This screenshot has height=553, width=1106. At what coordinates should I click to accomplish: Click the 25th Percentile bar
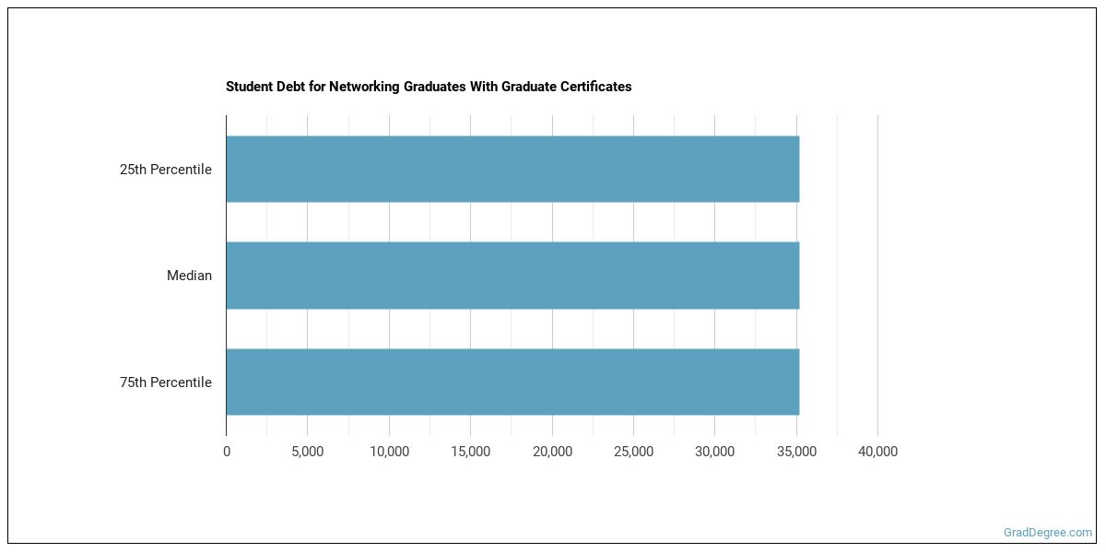click(512, 170)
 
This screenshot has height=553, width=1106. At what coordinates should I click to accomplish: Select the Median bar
click(512, 276)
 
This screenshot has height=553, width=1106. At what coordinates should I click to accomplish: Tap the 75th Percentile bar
click(512, 382)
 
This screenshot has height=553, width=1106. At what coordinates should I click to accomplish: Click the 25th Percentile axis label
click(166, 170)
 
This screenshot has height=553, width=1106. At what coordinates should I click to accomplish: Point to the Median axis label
click(189, 276)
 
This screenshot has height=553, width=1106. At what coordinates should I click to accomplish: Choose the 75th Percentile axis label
click(166, 382)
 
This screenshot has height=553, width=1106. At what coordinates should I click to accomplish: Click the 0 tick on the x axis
click(227, 452)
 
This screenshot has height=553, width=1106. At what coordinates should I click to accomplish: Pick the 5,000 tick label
click(307, 452)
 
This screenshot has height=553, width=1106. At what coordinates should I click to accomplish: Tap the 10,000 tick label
click(389, 452)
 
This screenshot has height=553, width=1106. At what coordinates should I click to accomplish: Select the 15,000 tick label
click(470, 452)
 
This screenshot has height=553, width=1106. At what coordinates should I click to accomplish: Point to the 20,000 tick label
click(552, 452)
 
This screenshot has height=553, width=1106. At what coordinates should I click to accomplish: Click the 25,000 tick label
click(633, 452)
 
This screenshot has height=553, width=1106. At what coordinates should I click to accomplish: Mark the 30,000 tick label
click(714, 452)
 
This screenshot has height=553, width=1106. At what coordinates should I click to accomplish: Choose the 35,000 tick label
click(796, 452)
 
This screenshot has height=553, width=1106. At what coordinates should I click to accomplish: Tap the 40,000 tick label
click(877, 452)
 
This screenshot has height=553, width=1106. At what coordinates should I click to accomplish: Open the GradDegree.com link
click(1048, 533)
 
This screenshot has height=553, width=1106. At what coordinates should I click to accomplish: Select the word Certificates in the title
click(594, 87)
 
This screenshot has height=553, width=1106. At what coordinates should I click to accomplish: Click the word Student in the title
click(248, 87)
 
